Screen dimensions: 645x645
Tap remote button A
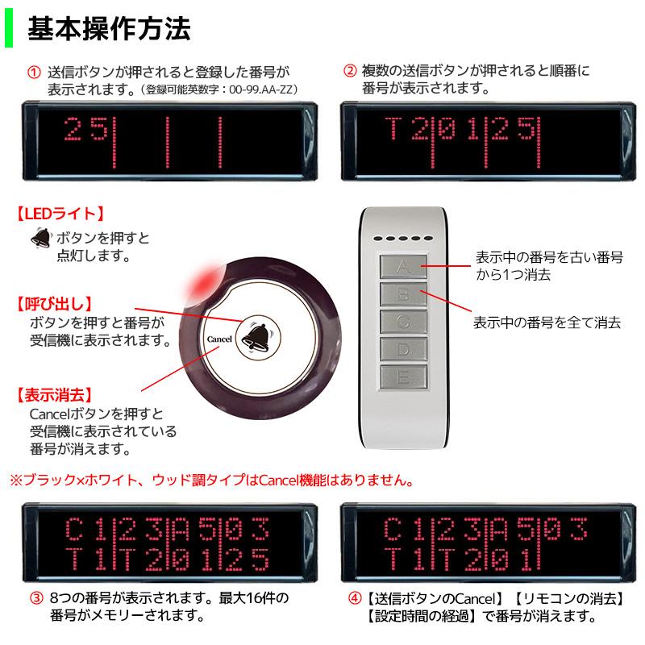click(x=405, y=266)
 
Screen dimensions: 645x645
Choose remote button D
click(x=405, y=348)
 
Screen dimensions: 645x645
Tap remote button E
click(x=405, y=376)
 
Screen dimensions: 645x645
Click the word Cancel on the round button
click(x=219, y=339)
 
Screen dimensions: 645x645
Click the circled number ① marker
click(x=33, y=71)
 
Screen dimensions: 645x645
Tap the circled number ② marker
click(x=350, y=71)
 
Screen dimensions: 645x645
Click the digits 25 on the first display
click(x=85, y=129)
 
